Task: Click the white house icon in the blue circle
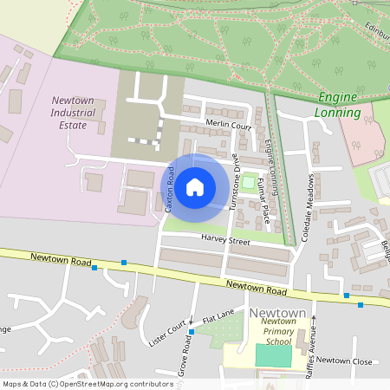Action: pyautogui.click(x=195, y=185)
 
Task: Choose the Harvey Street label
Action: pyautogui.click(x=224, y=238)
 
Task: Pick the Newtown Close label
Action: pyautogui.click(x=343, y=361)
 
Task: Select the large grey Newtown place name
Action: pyautogui.click(x=277, y=313)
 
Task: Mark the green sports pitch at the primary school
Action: pyautogui.click(x=276, y=356)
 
